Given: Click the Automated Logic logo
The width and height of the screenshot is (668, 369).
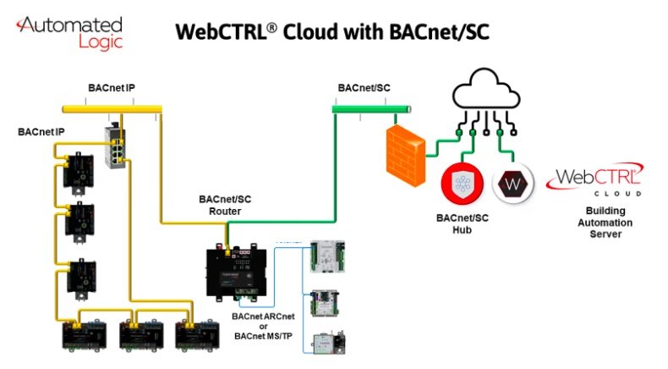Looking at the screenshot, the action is pyautogui.click(x=70, y=33).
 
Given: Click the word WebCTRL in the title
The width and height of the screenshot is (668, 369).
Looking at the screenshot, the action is pyautogui.click(x=226, y=32).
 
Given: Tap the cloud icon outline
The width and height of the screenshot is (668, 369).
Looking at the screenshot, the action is pyautogui.click(x=485, y=90).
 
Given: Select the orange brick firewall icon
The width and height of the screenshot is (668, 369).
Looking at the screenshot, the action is pyautogui.click(x=406, y=156).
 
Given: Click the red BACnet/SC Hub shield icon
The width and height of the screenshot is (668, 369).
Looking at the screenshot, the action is pyautogui.click(x=463, y=184).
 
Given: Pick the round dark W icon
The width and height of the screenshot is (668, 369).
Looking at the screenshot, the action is pyautogui.click(x=513, y=184).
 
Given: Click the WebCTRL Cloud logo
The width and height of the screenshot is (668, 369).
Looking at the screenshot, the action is pyautogui.click(x=594, y=179).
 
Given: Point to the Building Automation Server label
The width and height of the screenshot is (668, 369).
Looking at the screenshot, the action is pyautogui.click(x=605, y=223).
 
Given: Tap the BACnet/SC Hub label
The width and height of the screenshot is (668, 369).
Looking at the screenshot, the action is pyautogui.click(x=463, y=223).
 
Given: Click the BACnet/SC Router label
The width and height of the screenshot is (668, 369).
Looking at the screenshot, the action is pyautogui.click(x=225, y=205).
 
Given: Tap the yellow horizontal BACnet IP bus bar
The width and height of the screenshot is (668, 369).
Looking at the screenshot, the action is pyautogui.click(x=112, y=109).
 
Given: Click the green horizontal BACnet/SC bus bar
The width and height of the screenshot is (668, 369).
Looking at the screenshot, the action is pyautogui.click(x=371, y=109).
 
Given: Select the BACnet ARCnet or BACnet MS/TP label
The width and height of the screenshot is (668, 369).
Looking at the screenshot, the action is pyautogui.click(x=263, y=327).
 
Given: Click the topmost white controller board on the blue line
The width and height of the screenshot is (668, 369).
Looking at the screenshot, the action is pyautogui.click(x=327, y=256).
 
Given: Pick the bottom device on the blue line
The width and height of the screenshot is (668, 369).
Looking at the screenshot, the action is pyautogui.click(x=329, y=342).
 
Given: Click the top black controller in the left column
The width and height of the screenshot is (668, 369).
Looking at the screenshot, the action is pyautogui.click(x=79, y=172).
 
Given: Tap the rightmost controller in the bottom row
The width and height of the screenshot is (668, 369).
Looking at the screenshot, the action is pyautogui.click(x=198, y=335).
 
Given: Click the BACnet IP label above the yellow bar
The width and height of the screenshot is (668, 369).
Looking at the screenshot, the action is pyautogui.click(x=111, y=88).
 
